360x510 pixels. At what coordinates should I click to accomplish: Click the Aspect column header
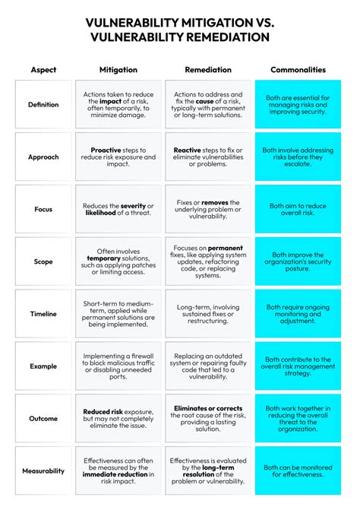(x=43, y=70)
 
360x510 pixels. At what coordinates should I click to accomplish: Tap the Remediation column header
(x=208, y=70)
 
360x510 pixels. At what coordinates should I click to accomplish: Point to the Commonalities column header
(x=297, y=70)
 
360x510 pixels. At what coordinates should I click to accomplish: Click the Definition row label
(x=43, y=105)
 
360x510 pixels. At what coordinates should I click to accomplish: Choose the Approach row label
(x=43, y=157)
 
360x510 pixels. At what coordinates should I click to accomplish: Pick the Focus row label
(x=43, y=209)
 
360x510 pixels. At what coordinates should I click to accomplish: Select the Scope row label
(x=43, y=261)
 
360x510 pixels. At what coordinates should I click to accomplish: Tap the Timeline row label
(x=43, y=314)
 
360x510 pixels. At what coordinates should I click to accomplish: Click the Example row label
(x=43, y=366)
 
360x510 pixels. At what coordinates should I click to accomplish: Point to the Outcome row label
(x=43, y=418)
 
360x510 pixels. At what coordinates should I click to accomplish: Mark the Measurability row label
(x=43, y=470)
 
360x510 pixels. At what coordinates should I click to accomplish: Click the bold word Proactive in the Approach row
(x=106, y=150)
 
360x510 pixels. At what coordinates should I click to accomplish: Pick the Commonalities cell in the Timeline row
(x=297, y=314)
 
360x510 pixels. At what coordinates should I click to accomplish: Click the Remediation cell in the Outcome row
(x=208, y=418)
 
